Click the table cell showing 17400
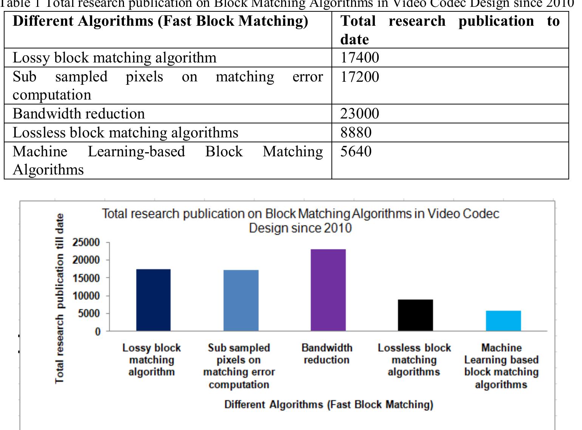[x=359, y=58]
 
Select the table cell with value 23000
[x=359, y=114]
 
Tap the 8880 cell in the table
[x=356, y=132]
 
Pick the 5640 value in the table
[x=356, y=151]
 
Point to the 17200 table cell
[x=359, y=77]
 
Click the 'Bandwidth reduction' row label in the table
[x=79, y=114]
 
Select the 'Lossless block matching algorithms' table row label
[x=125, y=132]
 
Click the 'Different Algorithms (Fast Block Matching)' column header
[x=160, y=21]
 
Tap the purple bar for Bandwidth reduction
[x=328, y=290]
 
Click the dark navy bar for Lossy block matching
[x=153, y=300]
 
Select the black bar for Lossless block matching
[x=415, y=315]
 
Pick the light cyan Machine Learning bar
[x=503, y=321]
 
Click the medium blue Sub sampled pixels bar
[x=241, y=300]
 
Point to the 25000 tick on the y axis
[x=86, y=242]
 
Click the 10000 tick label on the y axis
[x=86, y=296]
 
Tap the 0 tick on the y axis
[x=98, y=332]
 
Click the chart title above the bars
[x=300, y=221]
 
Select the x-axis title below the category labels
[x=328, y=404]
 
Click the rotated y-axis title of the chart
[x=59, y=298]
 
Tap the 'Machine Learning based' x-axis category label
[x=501, y=366]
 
